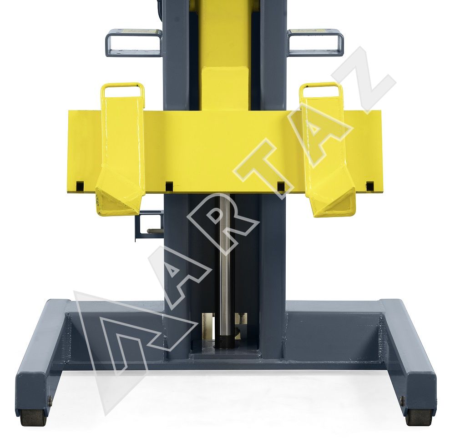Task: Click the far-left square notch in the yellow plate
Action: (80, 186)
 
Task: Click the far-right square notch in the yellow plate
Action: (369, 186)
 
